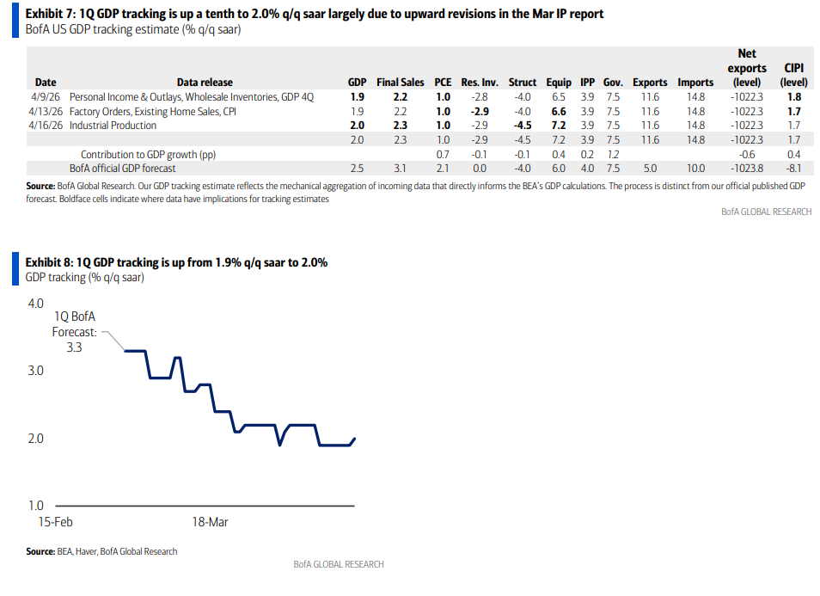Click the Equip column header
pos(559,83)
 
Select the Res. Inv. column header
pos(480,83)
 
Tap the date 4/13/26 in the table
pos(46,112)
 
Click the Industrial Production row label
pos(113,126)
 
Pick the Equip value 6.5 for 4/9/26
pos(559,97)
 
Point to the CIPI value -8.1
pos(794,169)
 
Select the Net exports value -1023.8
pos(747,169)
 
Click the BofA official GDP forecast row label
pos(122,169)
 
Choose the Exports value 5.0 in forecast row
pos(650,169)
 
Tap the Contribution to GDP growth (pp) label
pos(148,154)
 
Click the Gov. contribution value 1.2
pos(613,154)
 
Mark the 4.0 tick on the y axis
pos(35,304)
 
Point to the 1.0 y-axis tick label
pos(35,506)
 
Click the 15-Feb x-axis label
pos(55,522)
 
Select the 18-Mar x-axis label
pos(210,522)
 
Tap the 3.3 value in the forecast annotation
pos(74,347)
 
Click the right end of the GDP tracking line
pos(355,439)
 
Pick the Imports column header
pos(695,83)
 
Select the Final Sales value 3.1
pos(400,169)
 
